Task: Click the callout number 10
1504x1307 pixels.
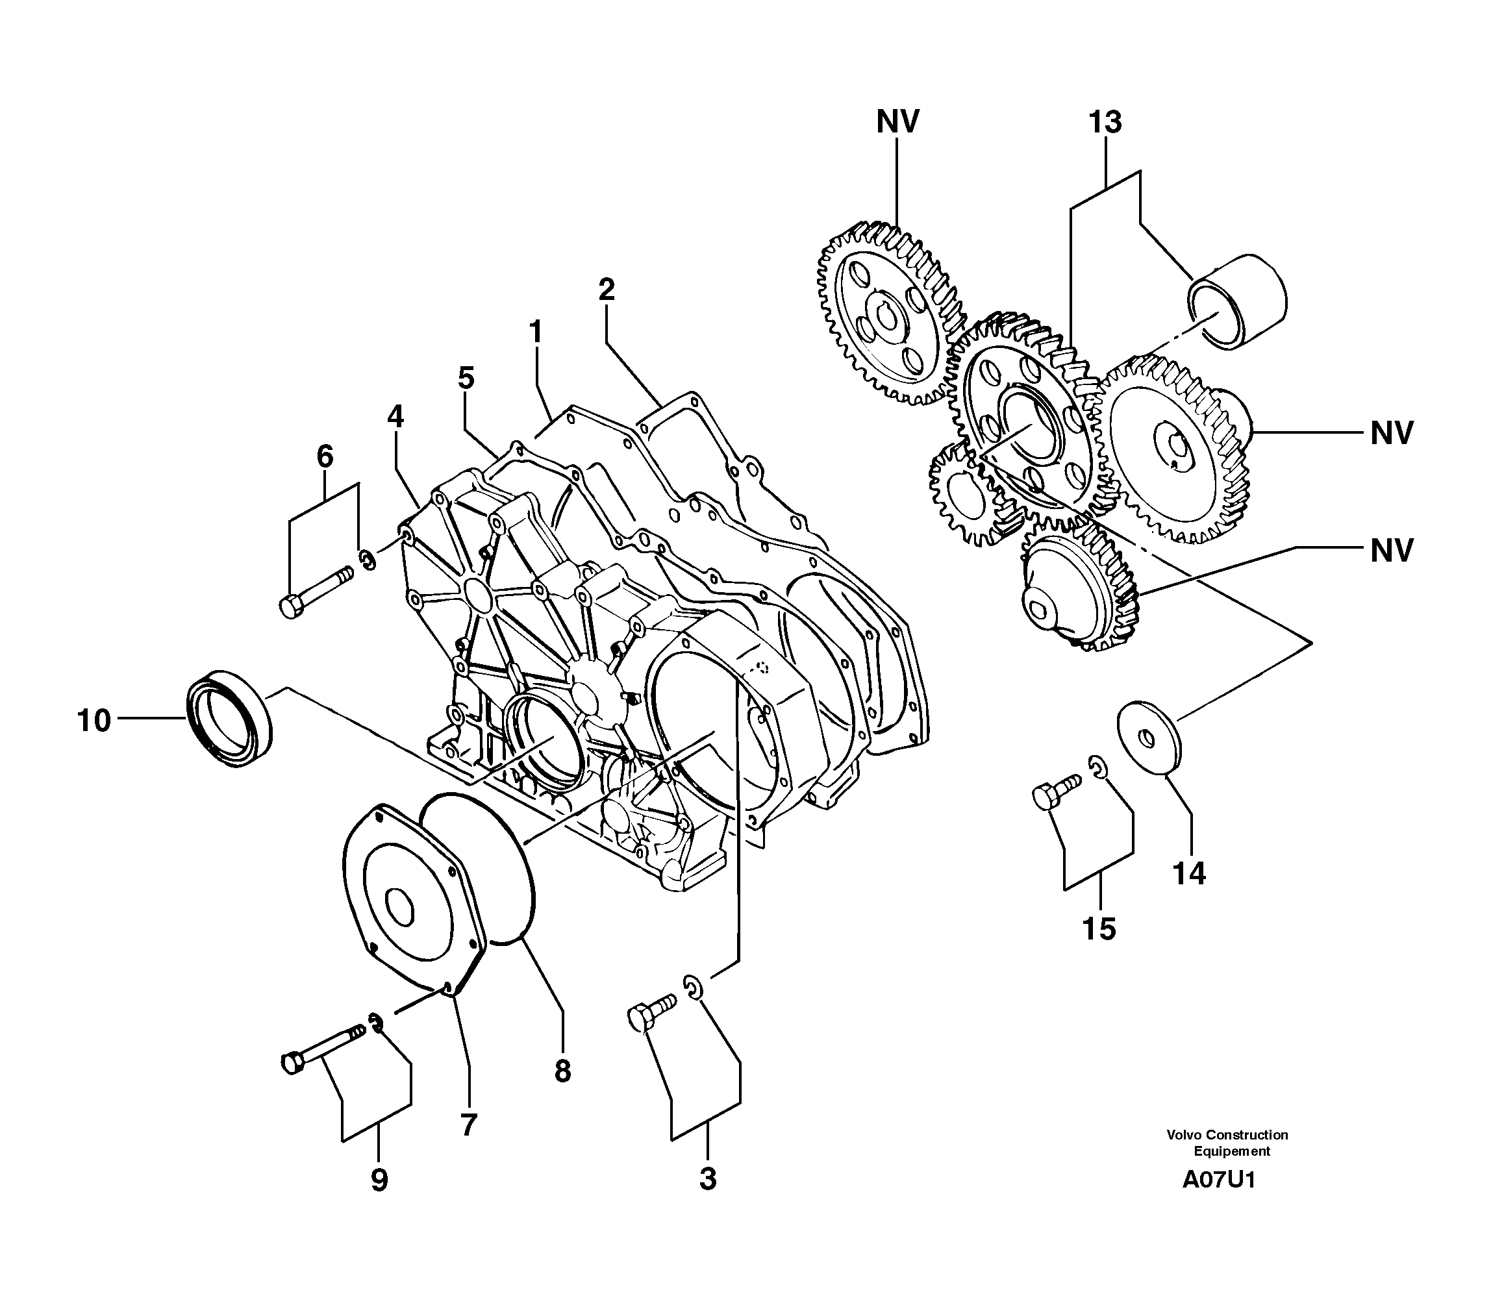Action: tap(94, 721)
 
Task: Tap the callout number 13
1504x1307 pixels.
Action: tap(1105, 123)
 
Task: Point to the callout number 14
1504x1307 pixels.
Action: tap(1189, 873)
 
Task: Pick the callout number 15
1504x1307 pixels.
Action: tap(1099, 929)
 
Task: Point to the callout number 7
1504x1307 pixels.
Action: tap(468, 1124)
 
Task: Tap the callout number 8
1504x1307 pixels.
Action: tap(562, 1071)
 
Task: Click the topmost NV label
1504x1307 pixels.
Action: tap(898, 122)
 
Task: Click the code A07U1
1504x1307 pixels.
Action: tap(1219, 1200)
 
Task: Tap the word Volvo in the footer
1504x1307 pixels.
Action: tap(1184, 1135)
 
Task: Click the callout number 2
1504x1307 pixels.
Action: tap(606, 290)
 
